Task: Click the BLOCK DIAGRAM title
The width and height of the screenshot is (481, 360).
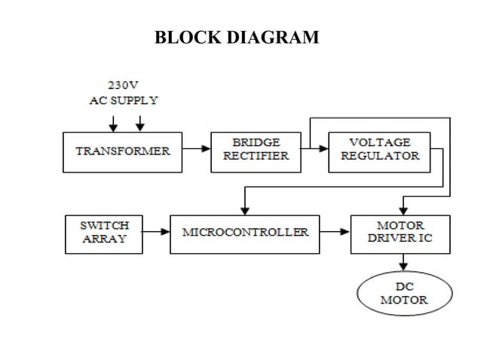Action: click(236, 36)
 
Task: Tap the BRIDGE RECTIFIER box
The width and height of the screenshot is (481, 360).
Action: click(256, 149)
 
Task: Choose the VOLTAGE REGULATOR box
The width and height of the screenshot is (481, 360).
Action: click(379, 149)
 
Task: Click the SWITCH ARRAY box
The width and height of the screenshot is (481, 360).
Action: click(104, 232)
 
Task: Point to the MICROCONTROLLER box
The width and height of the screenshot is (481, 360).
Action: click(245, 232)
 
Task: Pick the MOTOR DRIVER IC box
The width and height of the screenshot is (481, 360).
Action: click(400, 232)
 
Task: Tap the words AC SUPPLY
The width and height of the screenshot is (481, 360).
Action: click(124, 100)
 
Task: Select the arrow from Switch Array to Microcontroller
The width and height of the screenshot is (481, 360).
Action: click(157, 232)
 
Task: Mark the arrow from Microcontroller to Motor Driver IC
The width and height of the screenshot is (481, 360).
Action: click(335, 232)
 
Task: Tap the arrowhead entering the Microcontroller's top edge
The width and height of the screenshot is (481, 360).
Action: click(244, 210)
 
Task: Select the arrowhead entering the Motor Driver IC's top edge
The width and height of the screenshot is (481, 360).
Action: click(403, 210)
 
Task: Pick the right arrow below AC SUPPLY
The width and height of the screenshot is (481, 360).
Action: click(139, 123)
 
